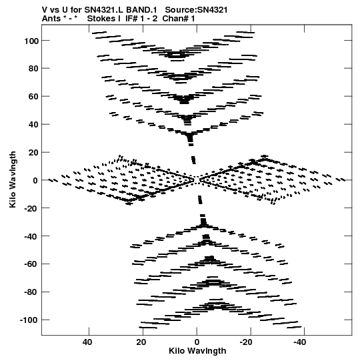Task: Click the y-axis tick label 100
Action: click(31, 41)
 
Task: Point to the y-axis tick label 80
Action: click(33, 69)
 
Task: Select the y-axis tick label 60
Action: click(33, 97)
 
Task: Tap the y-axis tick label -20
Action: click(32, 208)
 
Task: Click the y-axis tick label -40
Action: click(32, 236)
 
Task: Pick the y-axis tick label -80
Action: click(32, 292)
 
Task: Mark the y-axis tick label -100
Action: click(29, 320)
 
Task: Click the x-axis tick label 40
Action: click(87, 342)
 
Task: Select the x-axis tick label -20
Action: click(246, 342)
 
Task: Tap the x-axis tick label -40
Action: click(300, 342)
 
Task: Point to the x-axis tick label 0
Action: click(197, 342)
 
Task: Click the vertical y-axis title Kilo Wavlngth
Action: click(13, 179)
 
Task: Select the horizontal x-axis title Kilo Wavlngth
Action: click(197, 351)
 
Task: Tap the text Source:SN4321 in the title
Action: click(196, 10)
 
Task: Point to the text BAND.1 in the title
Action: click(141, 10)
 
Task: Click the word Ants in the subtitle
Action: click(51, 19)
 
